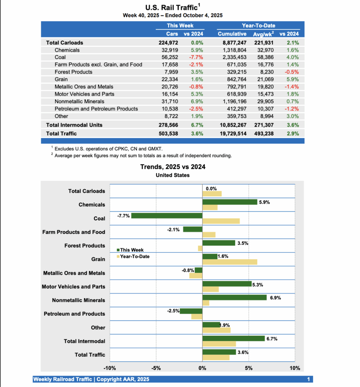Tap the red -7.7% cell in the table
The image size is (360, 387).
coord(196,57)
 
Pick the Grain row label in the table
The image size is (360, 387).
coord(61,79)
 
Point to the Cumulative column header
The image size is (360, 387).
coord(232,34)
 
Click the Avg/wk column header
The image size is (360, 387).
coord(263,34)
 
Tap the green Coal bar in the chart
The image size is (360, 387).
coord(167,215)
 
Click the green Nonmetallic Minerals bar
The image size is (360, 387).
coord(234,297)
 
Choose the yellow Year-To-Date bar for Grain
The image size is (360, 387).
coord(230,262)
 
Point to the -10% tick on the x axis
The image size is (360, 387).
coord(110,368)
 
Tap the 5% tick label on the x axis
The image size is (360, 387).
coord(248,368)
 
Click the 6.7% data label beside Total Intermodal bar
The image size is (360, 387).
coord(272,339)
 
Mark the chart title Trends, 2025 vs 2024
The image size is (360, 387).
coord(173,167)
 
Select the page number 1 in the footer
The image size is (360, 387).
coord(309,379)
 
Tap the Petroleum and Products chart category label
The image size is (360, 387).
coord(74,314)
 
